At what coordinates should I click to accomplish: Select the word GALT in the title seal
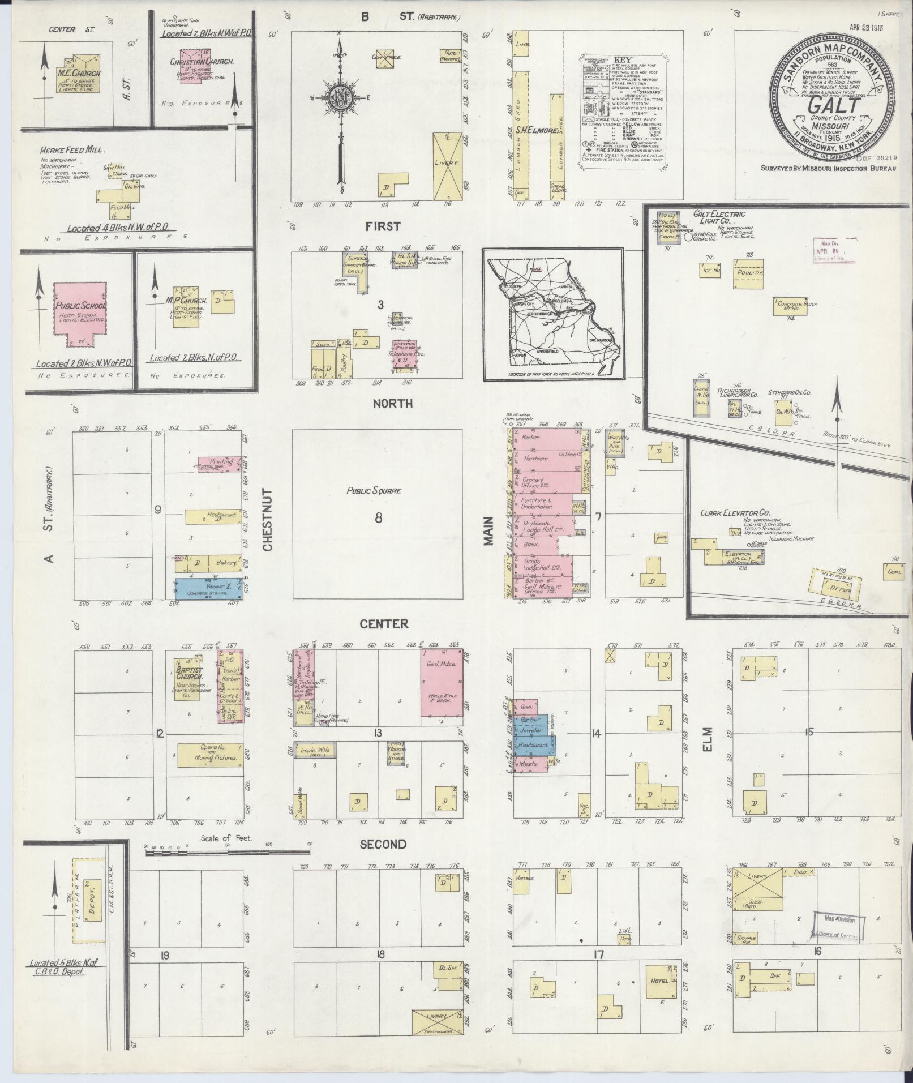pyautogui.click(x=830, y=106)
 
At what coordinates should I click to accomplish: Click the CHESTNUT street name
pyautogui.click(x=268, y=520)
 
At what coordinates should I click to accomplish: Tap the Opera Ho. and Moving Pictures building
pyautogui.click(x=209, y=755)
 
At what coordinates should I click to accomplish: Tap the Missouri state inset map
pyautogui.click(x=552, y=314)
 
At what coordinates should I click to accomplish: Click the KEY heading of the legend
pyautogui.click(x=622, y=59)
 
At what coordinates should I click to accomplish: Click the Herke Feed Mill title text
pyautogui.click(x=72, y=151)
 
